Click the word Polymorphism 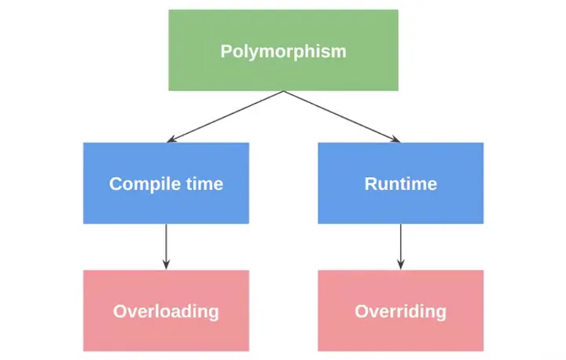coord(283,52)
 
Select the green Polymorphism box coord(283,50)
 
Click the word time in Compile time coord(204,184)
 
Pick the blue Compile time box coord(166,183)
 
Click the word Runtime coord(401,184)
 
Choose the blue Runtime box coord(401,183)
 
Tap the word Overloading coord(166,311)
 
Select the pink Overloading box coord(166,310)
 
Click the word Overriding coord(401,311)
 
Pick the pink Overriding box coord(401,310)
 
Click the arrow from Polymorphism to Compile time coord(225,116)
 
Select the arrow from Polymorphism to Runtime coord(342,116)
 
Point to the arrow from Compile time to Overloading coord(166,247)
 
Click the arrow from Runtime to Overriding coord(401,247)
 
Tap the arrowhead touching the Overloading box coord(166,265)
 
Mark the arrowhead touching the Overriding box coord(401,265)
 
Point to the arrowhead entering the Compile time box coord(171,139)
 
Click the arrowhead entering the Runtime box coord(395,139)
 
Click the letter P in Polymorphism coord(226,51)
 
